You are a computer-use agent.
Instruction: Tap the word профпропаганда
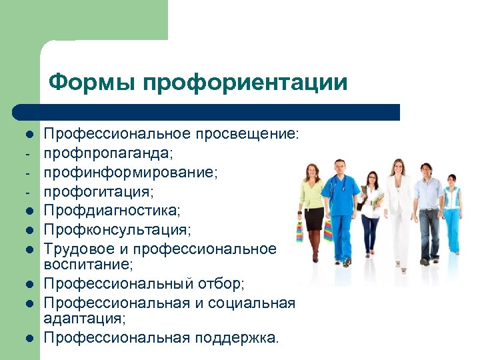pos(107,153)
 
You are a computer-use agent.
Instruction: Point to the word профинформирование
pos(129,172)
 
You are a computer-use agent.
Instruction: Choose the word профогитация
pos(98,191)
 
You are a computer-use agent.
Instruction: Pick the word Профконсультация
pos(116,230)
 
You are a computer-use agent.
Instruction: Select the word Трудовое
pos(78,249)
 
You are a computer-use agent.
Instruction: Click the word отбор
pos(221,284)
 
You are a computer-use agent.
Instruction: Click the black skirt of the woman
pos(313,218)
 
